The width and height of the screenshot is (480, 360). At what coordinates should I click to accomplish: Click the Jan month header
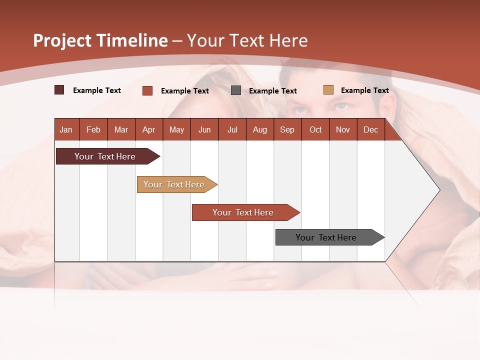(66, 129)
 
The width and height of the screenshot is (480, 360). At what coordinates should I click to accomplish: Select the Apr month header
(148, 129)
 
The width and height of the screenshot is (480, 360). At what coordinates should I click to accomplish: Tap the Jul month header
(232, 129)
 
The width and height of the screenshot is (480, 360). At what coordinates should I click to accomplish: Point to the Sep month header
(287, 129)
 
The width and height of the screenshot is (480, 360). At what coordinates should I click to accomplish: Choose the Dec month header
(370, 129)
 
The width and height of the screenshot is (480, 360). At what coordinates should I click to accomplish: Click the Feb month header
(93, 129)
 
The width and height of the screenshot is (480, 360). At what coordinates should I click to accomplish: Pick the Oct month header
(315, 129)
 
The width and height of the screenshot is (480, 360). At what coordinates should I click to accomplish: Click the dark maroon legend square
(59, 90)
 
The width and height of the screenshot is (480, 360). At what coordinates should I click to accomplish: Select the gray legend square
(236, 90)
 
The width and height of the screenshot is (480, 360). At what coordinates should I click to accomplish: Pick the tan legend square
(328, 90)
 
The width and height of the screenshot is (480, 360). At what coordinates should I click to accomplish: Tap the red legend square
(147, 90)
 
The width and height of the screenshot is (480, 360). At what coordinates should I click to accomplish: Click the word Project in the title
(62, 40)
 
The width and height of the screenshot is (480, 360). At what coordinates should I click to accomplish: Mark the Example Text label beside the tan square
(364, 90)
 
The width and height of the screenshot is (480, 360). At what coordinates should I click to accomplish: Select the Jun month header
(204, 129)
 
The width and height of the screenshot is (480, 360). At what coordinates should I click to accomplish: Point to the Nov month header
(343, 129)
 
